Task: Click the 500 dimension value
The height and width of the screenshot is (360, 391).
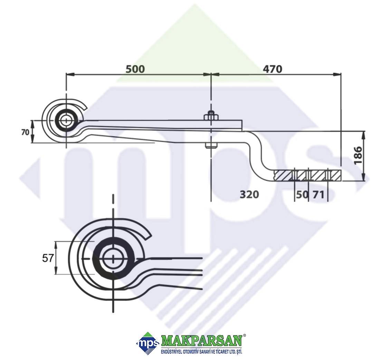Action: pyautogui.click(x=135, y=69)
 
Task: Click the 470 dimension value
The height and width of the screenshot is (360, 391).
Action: pyautogui.click(x=273, y=69)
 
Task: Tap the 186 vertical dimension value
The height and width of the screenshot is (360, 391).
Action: pyautogui.click(x=358, y=155)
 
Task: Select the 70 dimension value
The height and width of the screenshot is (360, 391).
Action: pyautogui.click(x=25, y=132)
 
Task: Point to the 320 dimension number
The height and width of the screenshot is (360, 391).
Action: pyautogui.click(x=249, y=195)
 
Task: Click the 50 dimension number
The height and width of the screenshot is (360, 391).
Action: pyautogui.click(x=302, y=195)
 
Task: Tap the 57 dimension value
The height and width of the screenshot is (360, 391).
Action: pyautogui.click(x=48, y=258)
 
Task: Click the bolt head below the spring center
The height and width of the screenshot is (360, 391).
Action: pyautogui.click(x=211, y=146)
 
